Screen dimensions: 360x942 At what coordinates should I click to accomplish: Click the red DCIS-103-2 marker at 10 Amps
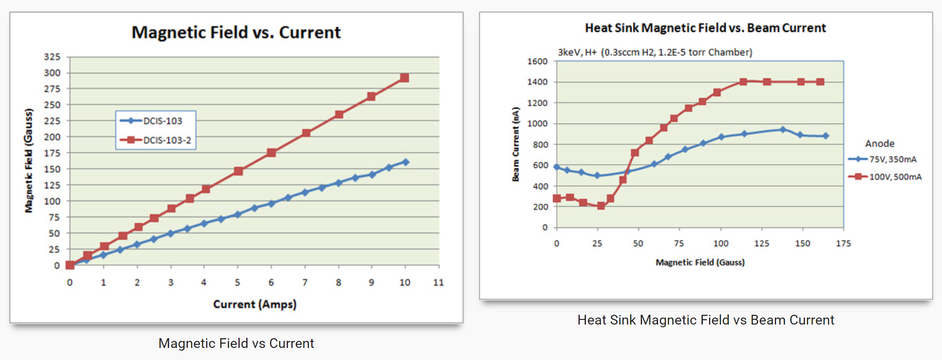[x=405, y=78]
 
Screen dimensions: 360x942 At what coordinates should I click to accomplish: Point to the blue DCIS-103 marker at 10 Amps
[x=406, y=162]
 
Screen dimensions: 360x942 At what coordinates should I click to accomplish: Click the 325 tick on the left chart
[x=52, y=57]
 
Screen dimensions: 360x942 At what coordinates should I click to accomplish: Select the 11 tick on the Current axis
[x=439, y=282]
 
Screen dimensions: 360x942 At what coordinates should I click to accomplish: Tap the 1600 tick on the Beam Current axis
[x=537, y=62]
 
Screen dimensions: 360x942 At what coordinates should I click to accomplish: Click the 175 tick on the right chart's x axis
[x=843, y=244]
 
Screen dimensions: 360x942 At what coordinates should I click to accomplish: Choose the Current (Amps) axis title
[x=255, y=304]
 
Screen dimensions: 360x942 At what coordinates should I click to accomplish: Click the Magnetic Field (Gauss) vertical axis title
[x=29, y=161]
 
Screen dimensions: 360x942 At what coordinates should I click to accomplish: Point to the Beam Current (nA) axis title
[x=515, y=144]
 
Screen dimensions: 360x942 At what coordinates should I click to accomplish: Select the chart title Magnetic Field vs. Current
[x=236, y=32]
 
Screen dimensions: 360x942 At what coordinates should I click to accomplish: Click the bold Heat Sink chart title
[x=705, y=28]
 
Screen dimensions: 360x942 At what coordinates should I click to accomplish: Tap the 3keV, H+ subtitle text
[x=655, y=52]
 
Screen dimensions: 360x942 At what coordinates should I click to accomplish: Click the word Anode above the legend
[x=880, y=144]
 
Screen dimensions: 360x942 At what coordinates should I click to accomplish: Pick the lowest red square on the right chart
[x=601, y=206]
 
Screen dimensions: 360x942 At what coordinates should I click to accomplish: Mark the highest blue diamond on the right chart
[x=783, y=130]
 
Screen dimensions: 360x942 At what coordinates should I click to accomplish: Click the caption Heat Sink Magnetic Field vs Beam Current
[x=706, y=320]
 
